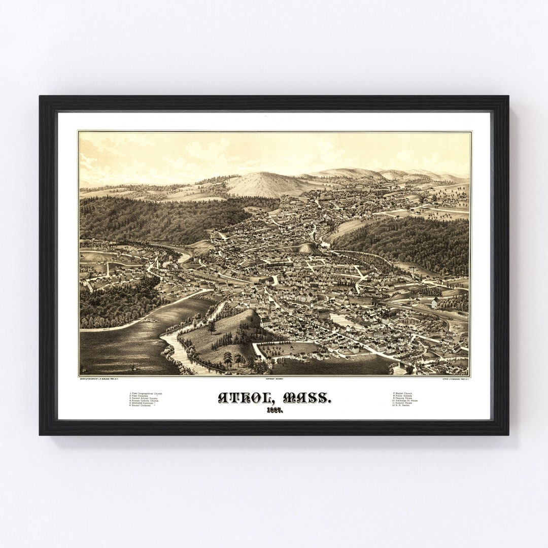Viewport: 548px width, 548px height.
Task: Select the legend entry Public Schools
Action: click(x=404, y=396)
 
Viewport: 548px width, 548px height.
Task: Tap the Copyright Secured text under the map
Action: click(x=275, y=379)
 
